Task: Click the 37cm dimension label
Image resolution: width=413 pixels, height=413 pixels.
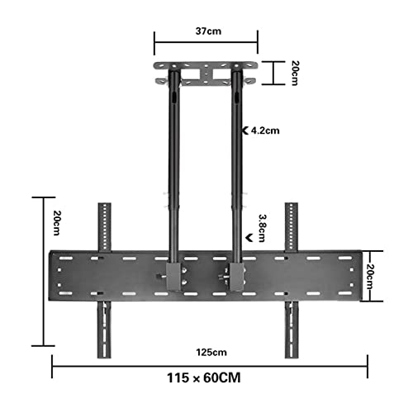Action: tap(208, 31)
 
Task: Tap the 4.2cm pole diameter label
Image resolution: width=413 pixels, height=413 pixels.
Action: tap(265, 131)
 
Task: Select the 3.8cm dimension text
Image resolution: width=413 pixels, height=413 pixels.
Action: tap(262, 228)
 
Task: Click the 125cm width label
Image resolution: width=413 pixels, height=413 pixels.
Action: tap(211, 352)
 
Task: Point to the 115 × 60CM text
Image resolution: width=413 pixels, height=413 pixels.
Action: tap(204, 377)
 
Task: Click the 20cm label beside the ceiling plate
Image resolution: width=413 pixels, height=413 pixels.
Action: tap(295, 73)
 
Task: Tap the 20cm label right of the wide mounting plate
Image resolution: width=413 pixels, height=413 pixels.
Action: tap(371, 276)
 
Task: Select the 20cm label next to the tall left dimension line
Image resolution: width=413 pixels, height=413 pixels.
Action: tap(57, 223)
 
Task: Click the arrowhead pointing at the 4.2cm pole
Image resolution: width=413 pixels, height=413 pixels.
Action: tap(245, 131)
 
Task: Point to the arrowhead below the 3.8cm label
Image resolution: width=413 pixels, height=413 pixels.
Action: tap(249, 238)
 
